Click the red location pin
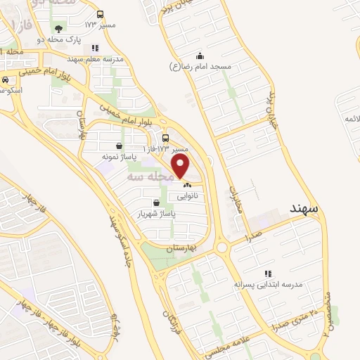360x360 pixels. [181, 166]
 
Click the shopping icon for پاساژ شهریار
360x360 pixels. [146, 202]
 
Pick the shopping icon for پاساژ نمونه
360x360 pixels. [117, 146]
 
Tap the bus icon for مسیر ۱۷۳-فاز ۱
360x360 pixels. [165, 138]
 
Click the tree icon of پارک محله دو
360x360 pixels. [58, 29]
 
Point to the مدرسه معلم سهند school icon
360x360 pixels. [96, 49]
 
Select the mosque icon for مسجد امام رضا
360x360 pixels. [200, 56]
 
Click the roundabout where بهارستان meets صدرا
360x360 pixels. [223, 247]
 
